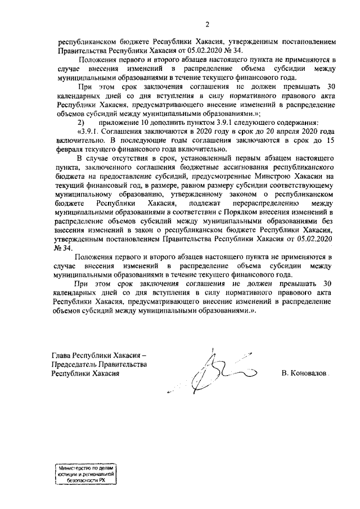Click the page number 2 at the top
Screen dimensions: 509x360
coord(207,24)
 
